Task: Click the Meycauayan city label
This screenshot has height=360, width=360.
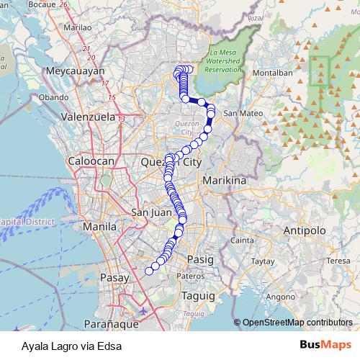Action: [76, 71]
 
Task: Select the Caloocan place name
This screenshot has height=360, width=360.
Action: [91, 162]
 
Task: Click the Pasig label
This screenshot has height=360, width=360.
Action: [197, 258]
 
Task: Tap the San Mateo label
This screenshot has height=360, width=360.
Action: [242, 114]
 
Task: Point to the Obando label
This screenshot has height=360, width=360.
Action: [53, 96]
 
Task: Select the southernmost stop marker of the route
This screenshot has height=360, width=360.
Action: [150, 271]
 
